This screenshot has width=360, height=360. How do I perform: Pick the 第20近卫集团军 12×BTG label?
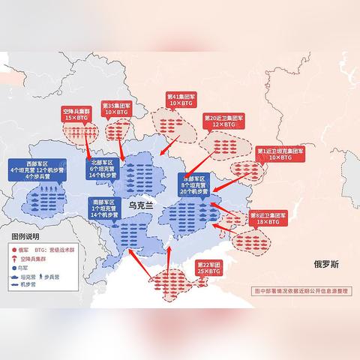click(223, 121)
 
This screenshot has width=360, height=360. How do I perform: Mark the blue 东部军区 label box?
click(196, 185)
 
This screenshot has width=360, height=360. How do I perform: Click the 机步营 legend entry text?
click(31, 284)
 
